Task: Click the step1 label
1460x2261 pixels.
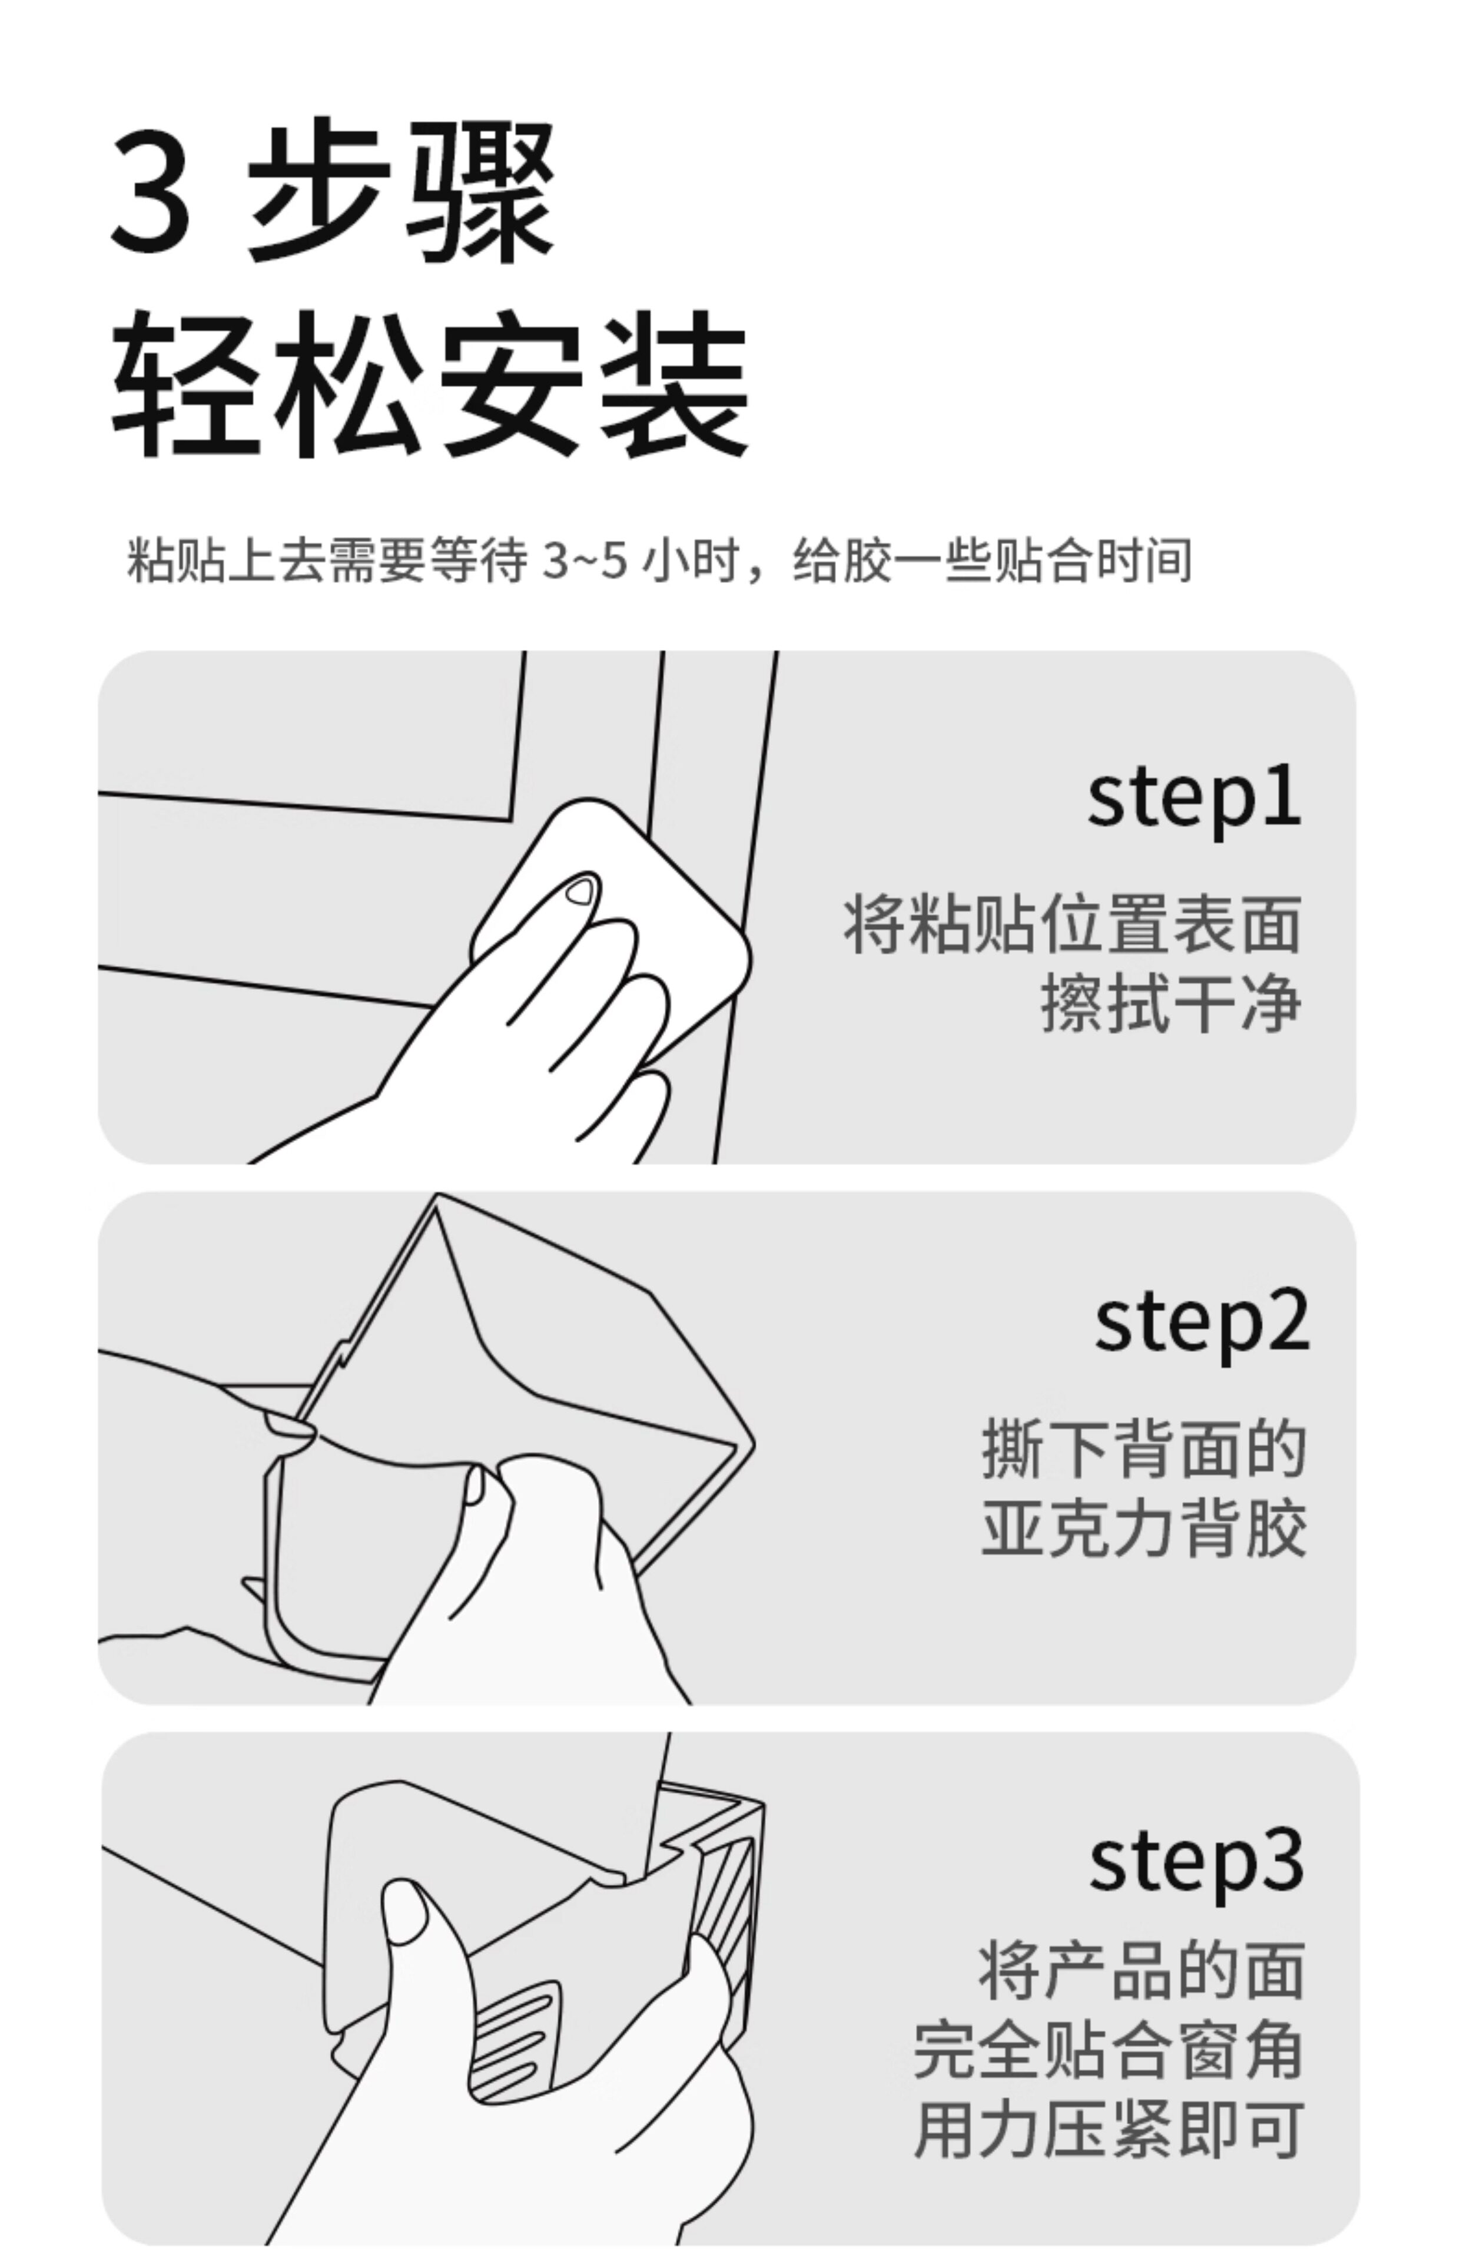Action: click(x=1194, y=796)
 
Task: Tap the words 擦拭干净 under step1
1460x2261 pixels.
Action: click(x=1171, y=1006)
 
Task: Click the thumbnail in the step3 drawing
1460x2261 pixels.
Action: click(x=404, y=1911)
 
